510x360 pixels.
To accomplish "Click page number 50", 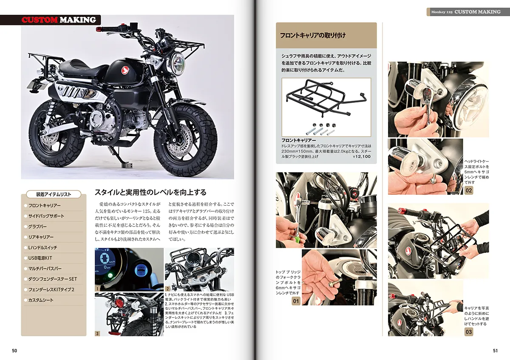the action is (14, 351).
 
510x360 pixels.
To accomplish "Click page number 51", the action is (496, 351).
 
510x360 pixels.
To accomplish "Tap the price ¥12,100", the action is (362, 157).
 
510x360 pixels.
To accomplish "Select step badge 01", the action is (296, 301).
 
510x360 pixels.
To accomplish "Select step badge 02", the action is (468, 190).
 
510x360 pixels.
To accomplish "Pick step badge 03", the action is (468, 332).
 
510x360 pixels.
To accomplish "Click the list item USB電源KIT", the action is (40, 258).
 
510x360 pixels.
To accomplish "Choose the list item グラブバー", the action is (37, 227).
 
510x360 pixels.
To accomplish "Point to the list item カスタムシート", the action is (41, 300).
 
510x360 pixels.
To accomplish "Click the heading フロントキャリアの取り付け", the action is (313, 35).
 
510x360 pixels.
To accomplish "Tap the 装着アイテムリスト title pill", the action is (54, 194).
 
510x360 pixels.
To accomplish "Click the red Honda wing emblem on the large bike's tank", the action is (125, 70).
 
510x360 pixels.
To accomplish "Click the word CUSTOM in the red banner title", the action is (40, 20).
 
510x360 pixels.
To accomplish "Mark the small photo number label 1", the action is (97, 289).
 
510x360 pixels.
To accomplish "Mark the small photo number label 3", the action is (97, 334).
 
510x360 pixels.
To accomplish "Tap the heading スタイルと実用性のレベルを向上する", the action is (150, 193).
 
